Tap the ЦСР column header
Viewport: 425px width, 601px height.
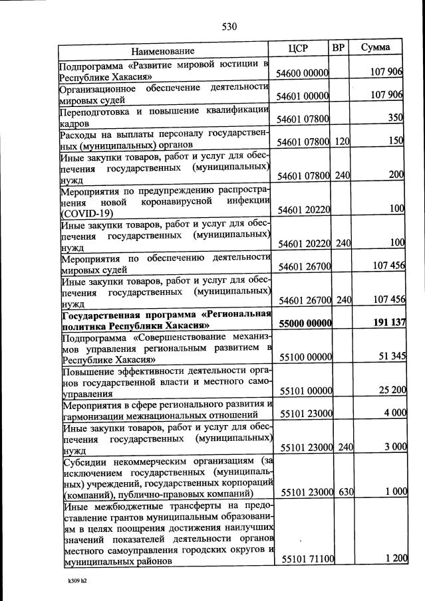(x=301, y=48)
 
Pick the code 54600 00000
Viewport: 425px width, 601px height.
(x=303, y=72)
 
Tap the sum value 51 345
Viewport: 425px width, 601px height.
(x=392, y=357)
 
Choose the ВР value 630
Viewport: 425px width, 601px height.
(x=343, y=493)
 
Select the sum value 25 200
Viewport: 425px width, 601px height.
(x=392, y=391)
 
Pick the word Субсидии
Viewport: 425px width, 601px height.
(x=84, y=462)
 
